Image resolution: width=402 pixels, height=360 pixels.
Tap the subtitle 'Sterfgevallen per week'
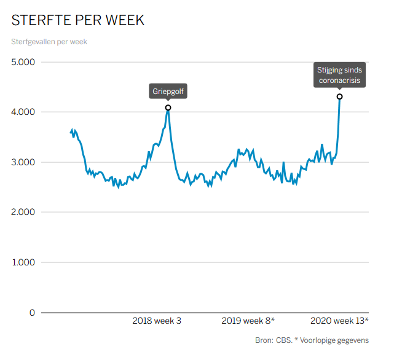coord(49,42)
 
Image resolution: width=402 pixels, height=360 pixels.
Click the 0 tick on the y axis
coord(32,313)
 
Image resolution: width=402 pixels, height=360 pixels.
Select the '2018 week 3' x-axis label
coord(157,321)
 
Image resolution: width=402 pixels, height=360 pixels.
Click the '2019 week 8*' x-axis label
coord(248,321)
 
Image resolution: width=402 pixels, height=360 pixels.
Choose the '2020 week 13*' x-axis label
coord(339,321)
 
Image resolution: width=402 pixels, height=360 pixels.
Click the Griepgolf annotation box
coord(168,92)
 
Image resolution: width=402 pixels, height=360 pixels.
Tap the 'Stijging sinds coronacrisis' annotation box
coord(339,75)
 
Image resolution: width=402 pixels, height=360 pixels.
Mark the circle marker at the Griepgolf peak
coord(168,108)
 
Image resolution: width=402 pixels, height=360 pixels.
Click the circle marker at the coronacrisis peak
coord(339,96)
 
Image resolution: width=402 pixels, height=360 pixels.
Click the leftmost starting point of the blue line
coord(71,132)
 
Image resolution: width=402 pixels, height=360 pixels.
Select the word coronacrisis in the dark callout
coord(339,80)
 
